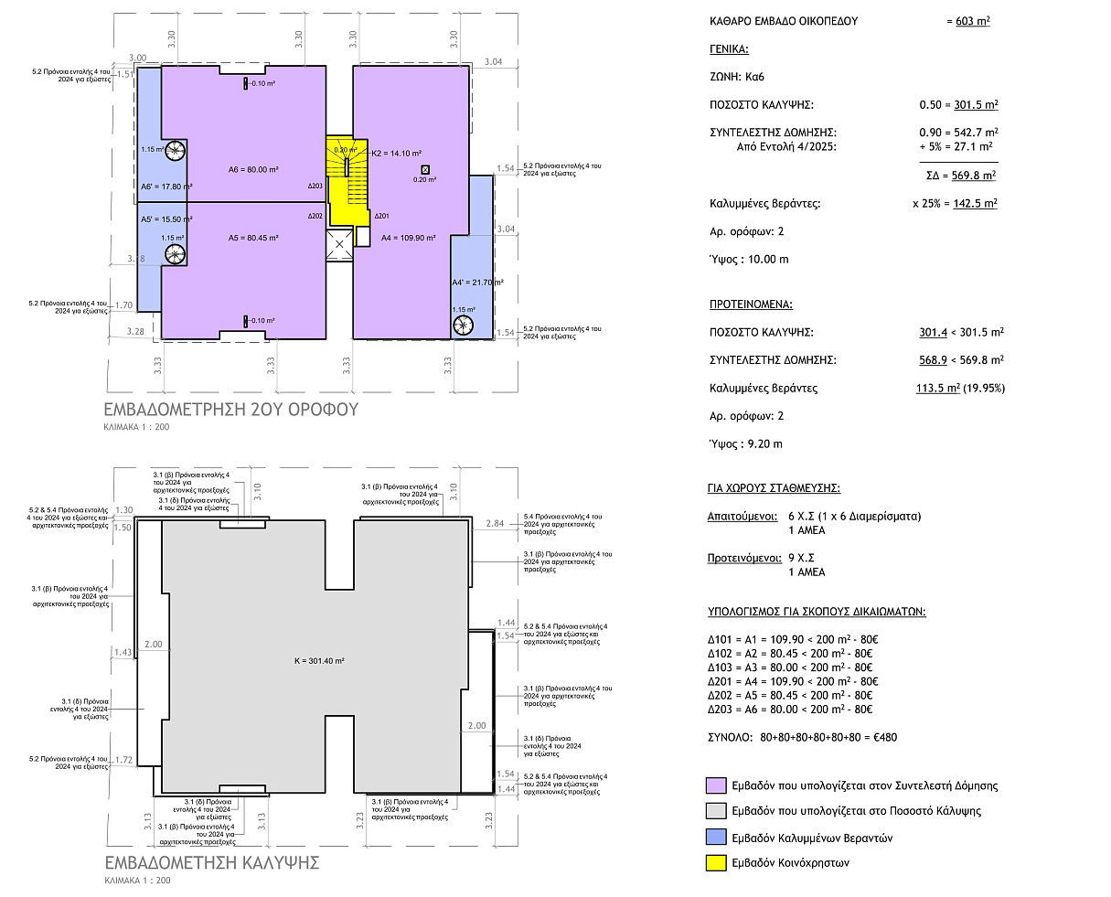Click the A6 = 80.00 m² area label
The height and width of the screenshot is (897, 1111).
click(253, 169)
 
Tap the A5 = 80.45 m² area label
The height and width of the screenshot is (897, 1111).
click(253, 238)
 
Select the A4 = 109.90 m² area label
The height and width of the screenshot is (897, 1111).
click(408, 238)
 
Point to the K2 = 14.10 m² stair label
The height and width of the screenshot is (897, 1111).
click(396, 154)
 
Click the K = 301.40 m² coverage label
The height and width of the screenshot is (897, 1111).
click(319, 661)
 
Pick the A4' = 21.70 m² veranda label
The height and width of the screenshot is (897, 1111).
click(477, 283)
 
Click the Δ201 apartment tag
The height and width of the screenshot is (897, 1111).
click(381, 216)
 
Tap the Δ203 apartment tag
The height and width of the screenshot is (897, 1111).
click(315, 187)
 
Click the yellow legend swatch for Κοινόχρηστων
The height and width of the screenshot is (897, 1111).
click(716, 863)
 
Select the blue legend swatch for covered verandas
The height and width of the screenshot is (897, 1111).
click(716, 837)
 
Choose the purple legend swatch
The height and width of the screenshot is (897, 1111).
click(716, 785)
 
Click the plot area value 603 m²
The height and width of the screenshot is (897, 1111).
click(973, 21)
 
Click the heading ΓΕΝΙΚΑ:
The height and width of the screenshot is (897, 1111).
click(729, 49)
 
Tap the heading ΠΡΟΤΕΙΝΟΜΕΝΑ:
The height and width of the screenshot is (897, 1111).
click(751, 304)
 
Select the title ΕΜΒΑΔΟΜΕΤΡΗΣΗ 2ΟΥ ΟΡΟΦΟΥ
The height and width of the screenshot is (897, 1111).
click(231, 410)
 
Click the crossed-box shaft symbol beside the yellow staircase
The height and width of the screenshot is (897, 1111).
click(339, 244)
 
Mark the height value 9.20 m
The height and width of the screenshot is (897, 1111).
click(765, 444)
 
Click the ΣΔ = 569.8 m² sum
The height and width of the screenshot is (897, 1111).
click(961, 176)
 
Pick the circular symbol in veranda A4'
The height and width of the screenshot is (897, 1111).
click(463, 326)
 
